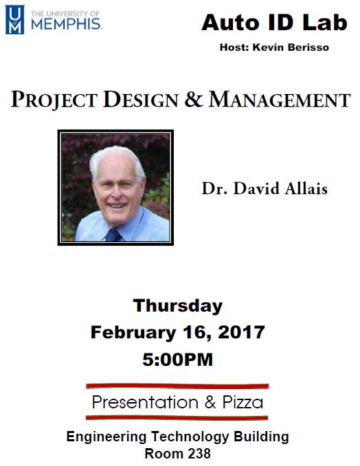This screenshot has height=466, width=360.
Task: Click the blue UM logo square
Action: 14,20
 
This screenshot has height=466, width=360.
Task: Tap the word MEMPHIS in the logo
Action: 66,24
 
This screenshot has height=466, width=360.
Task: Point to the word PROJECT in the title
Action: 54,100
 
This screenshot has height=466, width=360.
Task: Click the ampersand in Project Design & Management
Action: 193,100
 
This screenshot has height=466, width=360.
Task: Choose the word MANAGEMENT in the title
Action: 280,100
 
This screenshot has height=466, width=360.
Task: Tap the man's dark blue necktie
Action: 113,235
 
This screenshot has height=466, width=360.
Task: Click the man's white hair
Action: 117,161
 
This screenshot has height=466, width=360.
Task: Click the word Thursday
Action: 178,306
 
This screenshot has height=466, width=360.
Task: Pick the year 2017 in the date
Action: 241,332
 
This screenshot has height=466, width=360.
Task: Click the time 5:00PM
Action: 178,360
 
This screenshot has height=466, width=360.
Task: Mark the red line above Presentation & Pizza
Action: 177,386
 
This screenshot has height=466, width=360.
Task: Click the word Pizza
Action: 243,402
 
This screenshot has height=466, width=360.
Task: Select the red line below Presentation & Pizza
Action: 177,417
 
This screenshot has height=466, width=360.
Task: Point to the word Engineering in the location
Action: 106,437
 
